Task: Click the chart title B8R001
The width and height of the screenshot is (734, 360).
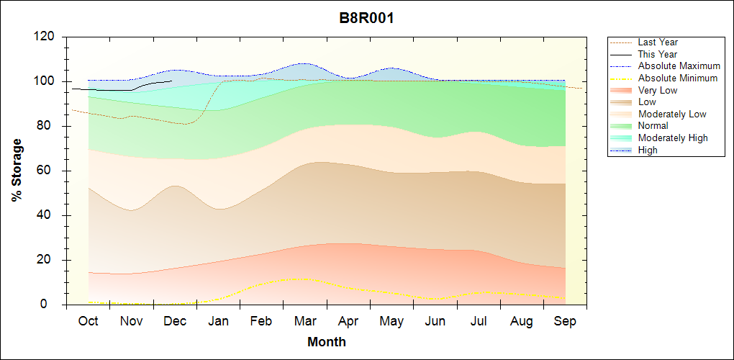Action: (367, 18)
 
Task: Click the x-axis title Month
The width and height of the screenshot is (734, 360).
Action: (327, 342)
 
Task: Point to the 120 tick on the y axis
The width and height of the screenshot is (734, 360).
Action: (47, 37)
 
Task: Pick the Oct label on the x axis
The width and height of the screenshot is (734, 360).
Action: (88, 321)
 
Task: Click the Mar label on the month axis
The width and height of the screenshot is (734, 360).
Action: (304, 321)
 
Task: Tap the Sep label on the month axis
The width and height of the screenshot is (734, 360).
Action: (565, 321)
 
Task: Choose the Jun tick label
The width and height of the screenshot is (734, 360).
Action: (435, 321)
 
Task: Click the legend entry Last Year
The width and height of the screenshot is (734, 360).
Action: (658, 42)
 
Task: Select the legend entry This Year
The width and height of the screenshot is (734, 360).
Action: (658, 54)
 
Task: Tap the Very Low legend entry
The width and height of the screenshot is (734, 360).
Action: (658, 90)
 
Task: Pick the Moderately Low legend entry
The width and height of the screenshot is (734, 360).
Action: (672, 114)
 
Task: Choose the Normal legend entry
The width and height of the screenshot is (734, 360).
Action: (653, 126)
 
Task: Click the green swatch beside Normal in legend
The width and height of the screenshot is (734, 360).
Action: (622, 126)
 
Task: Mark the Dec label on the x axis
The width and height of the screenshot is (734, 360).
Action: (175, 321)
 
